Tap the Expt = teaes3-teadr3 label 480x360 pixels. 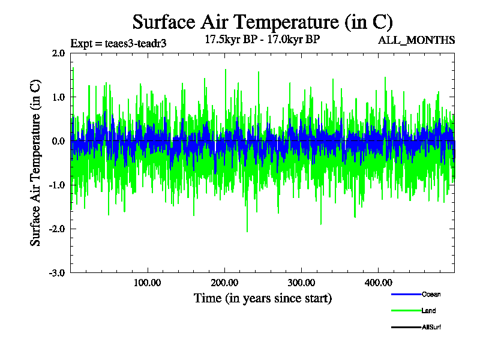pyautogui.click(x=118, y=43)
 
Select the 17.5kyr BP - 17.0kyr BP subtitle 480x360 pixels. pyautogui.click(x=262, y=40)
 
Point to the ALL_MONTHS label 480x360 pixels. pyautogui.click(x=416, y=40)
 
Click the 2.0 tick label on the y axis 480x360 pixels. pyautogui.click(x=58, y=53)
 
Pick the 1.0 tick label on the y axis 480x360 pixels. pyautogui.click(x=58, y=97)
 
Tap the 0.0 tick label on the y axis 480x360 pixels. pyautogui.click(x=58, y=141)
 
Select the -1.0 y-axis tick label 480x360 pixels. pyautogui.click(x=57, y=185)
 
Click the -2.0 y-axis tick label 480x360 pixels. pyautogui.click(x=57, y=229)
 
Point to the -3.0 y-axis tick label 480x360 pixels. pyautogui.click(x=57, y=272)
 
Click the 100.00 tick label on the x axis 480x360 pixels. pyautogui.click(x=147, y=283)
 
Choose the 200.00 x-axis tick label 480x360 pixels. pyautogui.click(x=224, y=283)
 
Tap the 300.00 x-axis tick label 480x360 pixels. pyautogui.click(x=301, y=283)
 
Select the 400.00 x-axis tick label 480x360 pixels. pyautogui.click(x=377, y=283)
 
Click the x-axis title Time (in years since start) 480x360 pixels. pyautogui.click(x=262, y=298)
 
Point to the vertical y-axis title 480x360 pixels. pyautogui.click(x=36, y=162)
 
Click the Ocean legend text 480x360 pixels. pyautogui.click(x=431, y=294)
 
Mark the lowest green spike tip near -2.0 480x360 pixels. pyautogui.click(x=247, y=232)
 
